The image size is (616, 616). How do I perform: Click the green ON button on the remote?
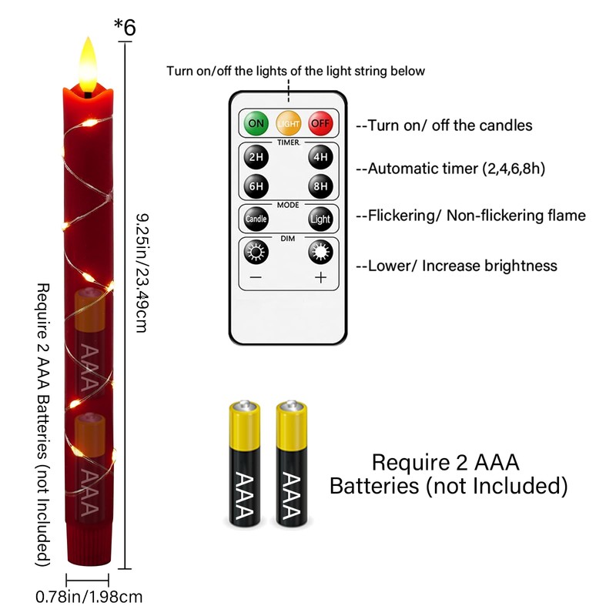[256, 123]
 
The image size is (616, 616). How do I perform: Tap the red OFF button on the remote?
[320, 123]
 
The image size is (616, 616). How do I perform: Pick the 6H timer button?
[256, 186]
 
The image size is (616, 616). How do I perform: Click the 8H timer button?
[320, 186]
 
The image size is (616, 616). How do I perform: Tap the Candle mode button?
[256, 219]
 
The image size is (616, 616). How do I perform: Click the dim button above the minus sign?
[256, 251]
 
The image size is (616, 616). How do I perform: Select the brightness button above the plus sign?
[320, 251]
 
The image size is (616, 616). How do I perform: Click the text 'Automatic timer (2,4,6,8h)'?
[450, 169]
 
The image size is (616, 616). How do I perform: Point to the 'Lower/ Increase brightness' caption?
[456, 266]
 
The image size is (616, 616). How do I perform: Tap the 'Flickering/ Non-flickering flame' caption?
[470, 216]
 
